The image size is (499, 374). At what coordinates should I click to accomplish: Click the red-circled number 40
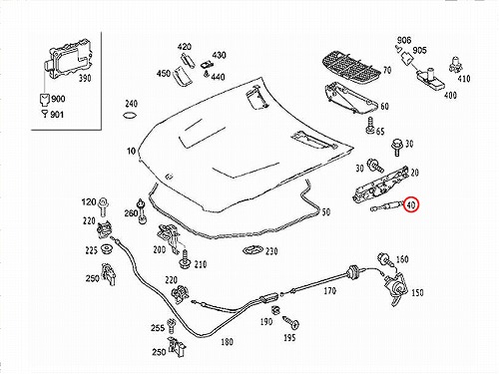click(411, 205)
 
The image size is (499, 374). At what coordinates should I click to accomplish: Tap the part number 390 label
click(85, 79)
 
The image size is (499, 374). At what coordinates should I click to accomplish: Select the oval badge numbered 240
click(130, 116)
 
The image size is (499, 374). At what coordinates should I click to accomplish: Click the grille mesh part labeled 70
click(351, 66)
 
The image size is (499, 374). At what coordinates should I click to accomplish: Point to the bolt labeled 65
click(370, 127)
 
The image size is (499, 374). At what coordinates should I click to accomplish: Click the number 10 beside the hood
click(131, 151)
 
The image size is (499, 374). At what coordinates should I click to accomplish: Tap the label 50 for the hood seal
click(326, 211)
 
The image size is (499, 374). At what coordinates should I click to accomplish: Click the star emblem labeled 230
click(252, 250)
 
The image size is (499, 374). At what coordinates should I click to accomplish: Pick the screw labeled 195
click(291, 322)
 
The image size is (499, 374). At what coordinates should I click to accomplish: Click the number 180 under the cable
click(227, 342)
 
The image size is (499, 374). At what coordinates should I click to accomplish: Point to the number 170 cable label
click(329, 291)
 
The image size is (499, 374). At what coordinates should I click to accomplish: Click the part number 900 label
click(58, 99)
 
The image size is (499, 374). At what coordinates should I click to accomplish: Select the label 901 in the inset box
click(57, 115)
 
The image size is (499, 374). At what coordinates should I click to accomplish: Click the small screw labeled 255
click(172, 326)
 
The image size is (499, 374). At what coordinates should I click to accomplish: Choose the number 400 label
click(450, 95)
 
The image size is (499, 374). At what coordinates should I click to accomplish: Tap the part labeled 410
click(454, 65)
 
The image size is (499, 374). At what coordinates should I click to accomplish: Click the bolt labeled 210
click(185, 259)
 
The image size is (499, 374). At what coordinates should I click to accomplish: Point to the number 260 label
click(131, 213)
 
